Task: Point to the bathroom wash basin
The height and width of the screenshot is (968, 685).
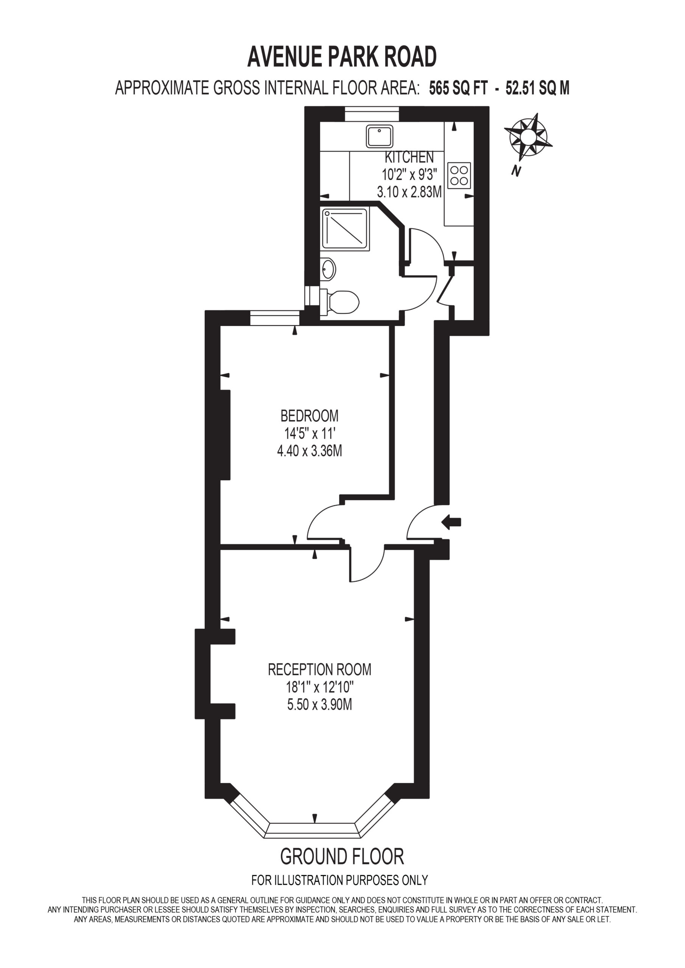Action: (x=328, y=269)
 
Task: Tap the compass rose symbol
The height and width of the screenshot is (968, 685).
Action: (x=528, y=137)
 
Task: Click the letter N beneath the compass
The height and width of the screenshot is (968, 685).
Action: (x=515, y=171)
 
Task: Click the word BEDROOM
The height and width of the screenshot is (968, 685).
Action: (x=309, y=416)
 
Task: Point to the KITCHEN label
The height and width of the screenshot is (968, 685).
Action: (x=409, y=157)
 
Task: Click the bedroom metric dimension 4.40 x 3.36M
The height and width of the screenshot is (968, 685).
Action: (x=309, y=451)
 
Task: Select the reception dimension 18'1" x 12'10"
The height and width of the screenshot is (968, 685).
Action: (x=319, y=687)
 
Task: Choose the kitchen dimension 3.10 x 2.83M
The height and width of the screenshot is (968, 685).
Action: (x=409, y=192)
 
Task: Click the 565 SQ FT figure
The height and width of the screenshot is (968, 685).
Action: (x=458, y=88)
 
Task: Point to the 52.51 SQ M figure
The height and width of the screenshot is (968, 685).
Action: (x=537, y=88)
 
